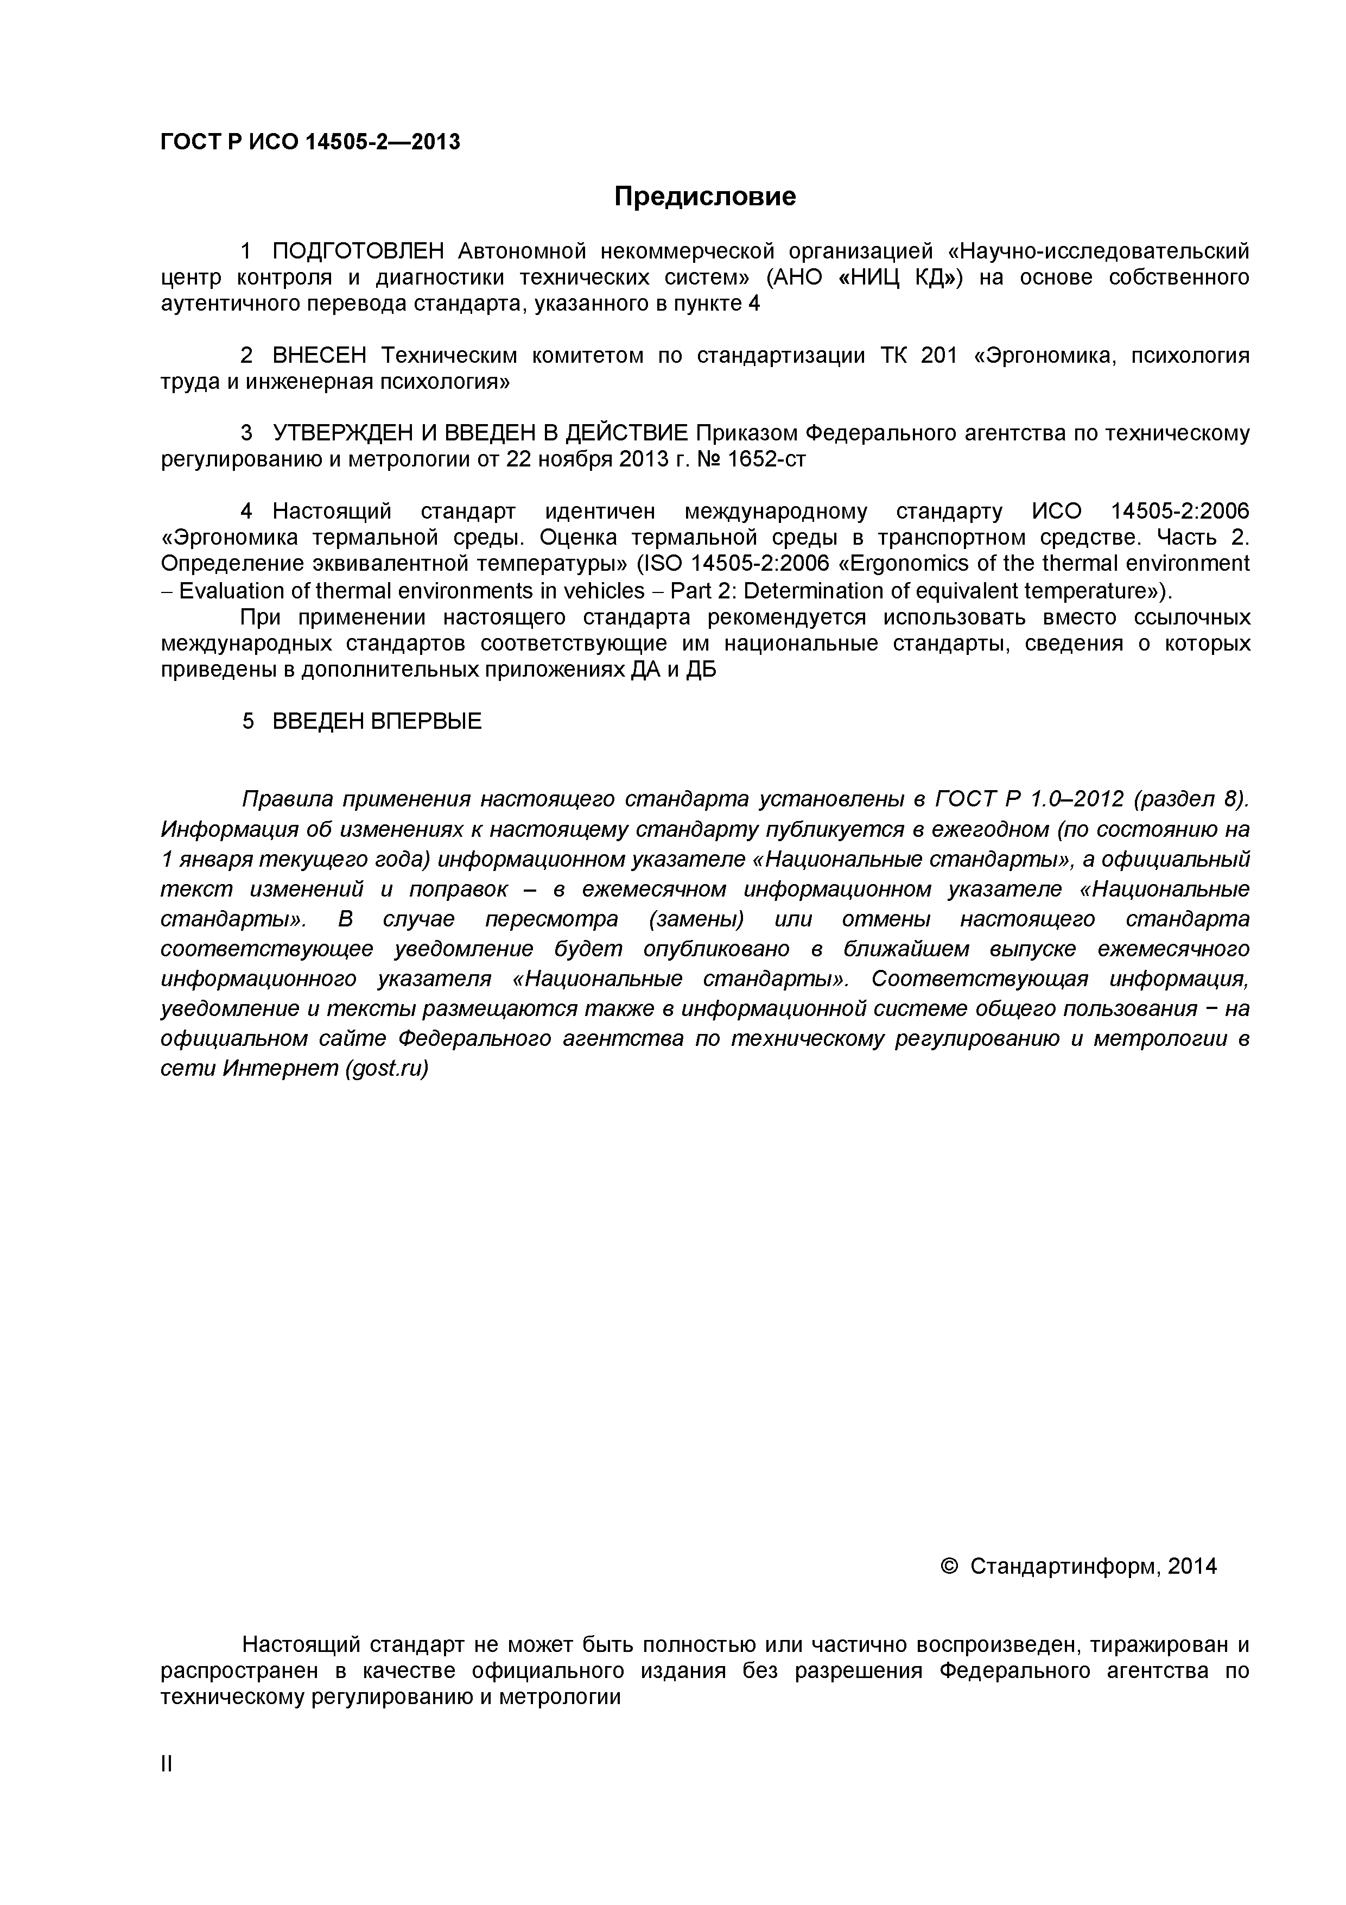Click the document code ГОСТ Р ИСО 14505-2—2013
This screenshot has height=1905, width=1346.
309,142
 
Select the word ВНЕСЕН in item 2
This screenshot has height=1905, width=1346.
319,356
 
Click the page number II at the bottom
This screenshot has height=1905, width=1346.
167,1787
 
